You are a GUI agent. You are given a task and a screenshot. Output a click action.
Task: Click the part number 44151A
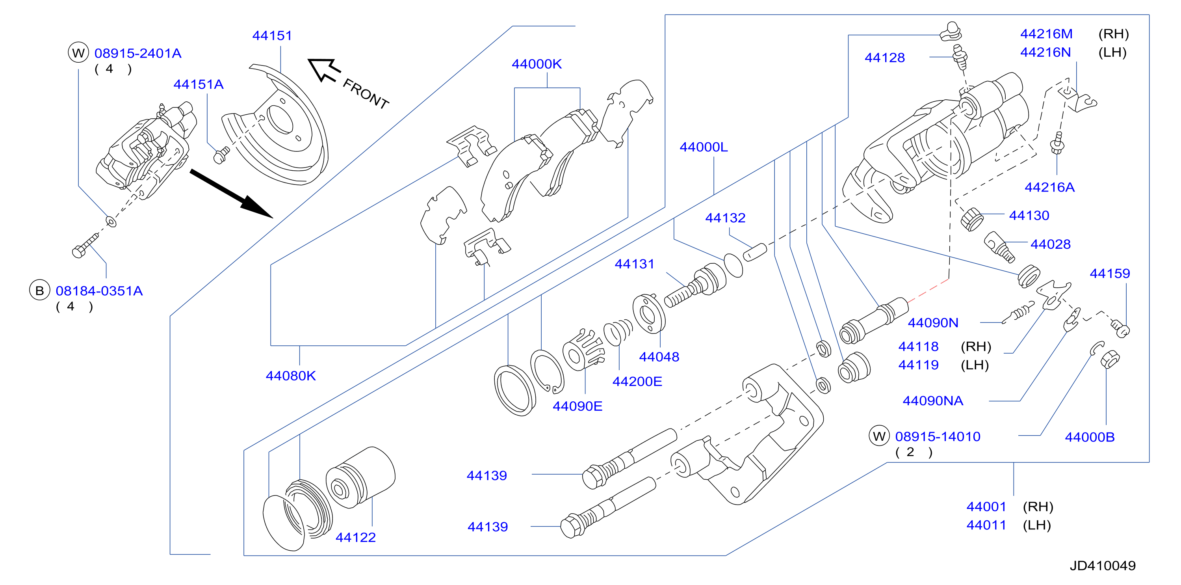(x=199, y=84)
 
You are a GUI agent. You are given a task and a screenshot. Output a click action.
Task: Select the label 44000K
(x=537, y=64)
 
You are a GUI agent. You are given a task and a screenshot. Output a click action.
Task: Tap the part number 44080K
(x=291, y=376)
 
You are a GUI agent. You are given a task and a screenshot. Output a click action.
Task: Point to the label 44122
(x=356, y=537)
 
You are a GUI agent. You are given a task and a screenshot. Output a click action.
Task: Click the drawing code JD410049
(x=1103, y=566)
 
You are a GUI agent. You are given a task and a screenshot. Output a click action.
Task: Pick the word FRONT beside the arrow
(x=366, y=93)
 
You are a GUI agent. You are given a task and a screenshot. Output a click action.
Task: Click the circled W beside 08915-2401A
(x=78, y=53)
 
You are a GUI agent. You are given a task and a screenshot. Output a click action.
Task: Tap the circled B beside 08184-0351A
(x=39, y=291)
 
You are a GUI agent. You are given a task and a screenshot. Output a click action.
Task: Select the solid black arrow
(x=232, y=194)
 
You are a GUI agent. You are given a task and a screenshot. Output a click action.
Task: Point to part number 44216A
(x=1049, y=187)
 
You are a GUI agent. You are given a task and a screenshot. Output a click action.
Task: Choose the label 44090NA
(x=933, y=401)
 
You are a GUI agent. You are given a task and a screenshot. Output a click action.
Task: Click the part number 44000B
(x=1090, y=437)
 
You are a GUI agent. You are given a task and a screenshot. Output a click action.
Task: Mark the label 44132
(x=725, y=218)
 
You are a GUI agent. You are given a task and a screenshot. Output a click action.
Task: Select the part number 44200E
(x=637, y=382)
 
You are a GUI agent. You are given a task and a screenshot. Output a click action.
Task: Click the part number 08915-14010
(x=938, y=436)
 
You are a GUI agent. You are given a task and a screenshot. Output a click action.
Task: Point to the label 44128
(x=885, y=58)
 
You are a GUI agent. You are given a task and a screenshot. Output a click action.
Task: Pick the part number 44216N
(x=1046, y=52)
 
